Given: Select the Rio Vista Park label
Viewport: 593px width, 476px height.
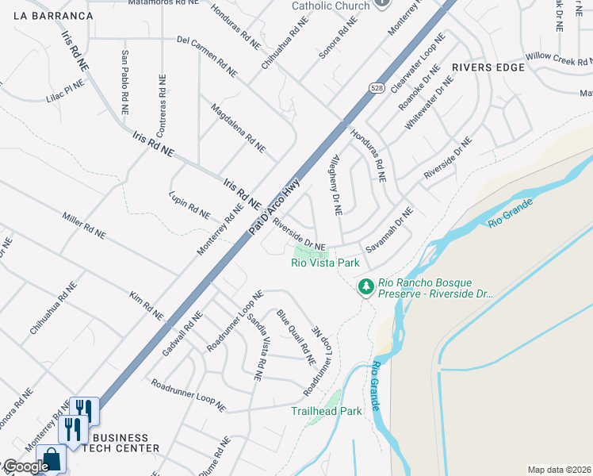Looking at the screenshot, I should pos(325,263).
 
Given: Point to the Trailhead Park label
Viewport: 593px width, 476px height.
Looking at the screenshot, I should pos(326,411).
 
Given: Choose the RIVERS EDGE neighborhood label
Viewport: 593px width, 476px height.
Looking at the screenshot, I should pos(488,67).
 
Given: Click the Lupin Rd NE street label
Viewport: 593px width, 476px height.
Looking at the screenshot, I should pos(189,205).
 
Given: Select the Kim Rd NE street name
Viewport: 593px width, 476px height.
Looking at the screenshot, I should pos(146,305).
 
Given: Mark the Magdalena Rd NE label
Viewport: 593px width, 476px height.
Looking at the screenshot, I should pos(238,127).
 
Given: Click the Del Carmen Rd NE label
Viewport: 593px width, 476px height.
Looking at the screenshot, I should pos(206,56).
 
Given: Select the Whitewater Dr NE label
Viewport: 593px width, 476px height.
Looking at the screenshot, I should pos(429,102).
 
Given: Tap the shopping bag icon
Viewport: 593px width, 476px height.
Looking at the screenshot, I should pos(52,459).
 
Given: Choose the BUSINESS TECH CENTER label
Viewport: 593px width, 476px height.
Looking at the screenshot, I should pos(121,443).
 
